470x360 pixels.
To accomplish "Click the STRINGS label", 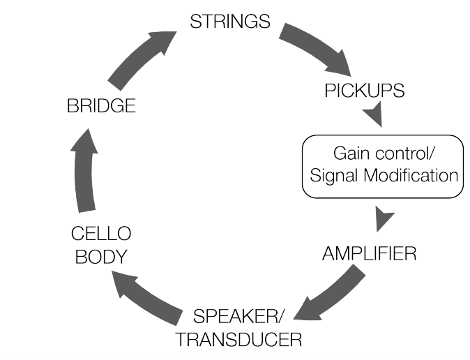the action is coord(230,22).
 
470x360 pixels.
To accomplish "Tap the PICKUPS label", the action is coord(365,90).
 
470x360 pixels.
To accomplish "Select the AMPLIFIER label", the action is coord(370,253).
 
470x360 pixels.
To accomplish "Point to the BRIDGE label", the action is coord(101,105).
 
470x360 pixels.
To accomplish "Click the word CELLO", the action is coord(101,234).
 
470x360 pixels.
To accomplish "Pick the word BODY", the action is coord(101,257).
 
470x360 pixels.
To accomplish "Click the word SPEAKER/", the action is coord(238,316).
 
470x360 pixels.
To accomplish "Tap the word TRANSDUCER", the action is coord(238,339).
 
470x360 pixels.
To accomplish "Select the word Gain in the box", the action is coord(351,153).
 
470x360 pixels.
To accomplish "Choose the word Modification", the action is coord(411,175).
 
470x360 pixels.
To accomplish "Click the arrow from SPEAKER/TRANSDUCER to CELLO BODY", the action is coord(147,298).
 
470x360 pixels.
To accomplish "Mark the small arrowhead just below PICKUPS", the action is coord(374,114).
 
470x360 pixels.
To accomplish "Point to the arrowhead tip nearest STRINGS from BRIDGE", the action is coord(176,31).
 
